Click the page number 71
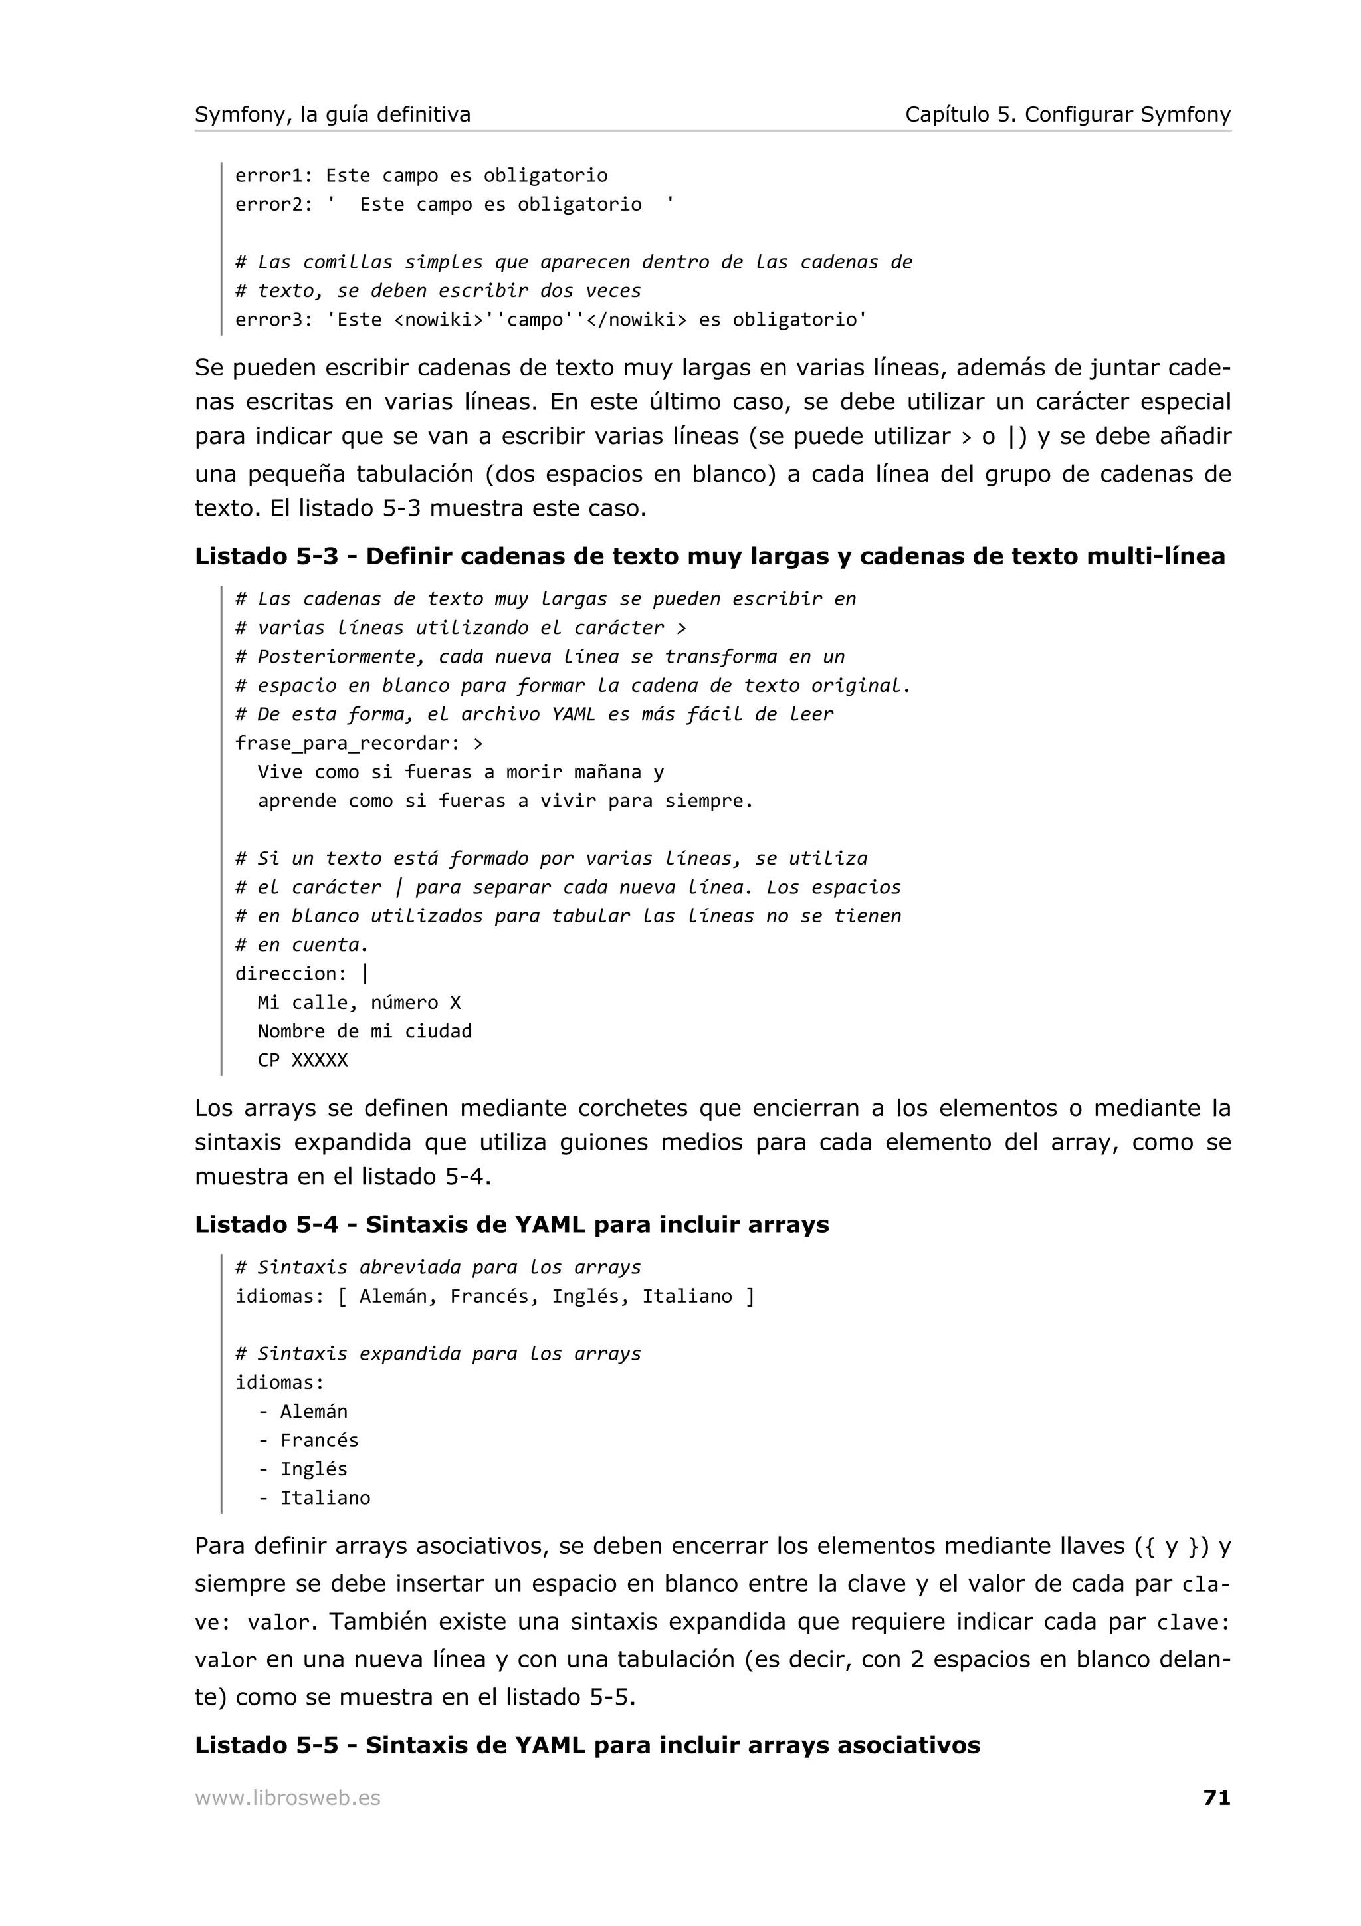[x=1216, y=1797]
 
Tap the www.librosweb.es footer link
[x=288, y=1798]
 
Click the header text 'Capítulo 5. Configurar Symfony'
[x=1067, y=114]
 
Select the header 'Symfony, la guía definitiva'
[x=333, y=114]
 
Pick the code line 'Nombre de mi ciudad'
[x=364, y=1031]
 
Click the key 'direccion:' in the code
[x=290, y=974]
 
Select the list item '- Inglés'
[x=303, y=1469]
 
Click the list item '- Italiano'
[x=314, y=1497]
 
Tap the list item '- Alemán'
[x=303, y=1411]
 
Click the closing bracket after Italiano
[x=750, y=1297]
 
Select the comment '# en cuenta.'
[x=301, y=945]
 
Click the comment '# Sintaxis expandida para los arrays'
[x=438, y=1354]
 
